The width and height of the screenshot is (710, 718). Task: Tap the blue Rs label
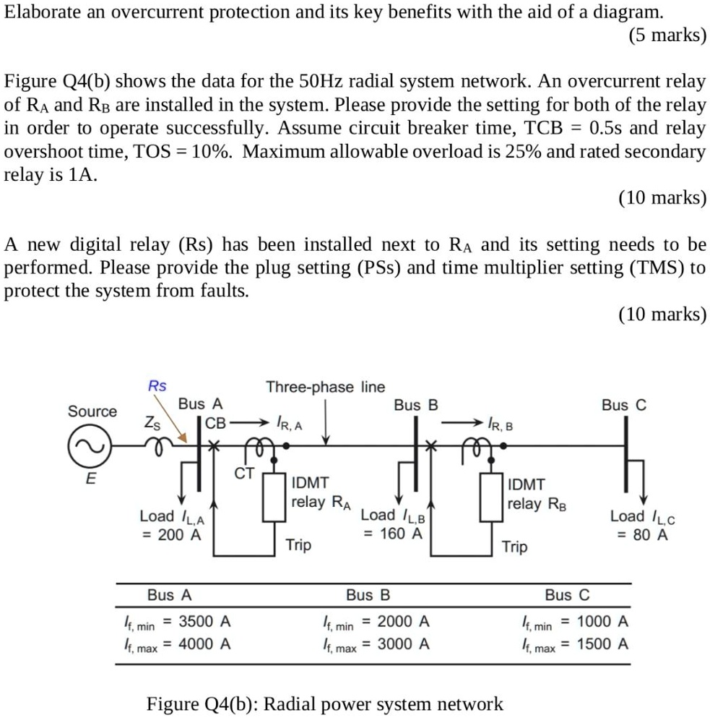click(157, 386)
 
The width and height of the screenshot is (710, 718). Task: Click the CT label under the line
click(244, 474)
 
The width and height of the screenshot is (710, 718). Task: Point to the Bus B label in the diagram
click(415, 405)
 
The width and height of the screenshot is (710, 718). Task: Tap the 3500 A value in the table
click(204, 621)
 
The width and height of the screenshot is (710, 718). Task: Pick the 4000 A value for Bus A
click(204, 644)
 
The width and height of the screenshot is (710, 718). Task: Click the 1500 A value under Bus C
click(602, 644)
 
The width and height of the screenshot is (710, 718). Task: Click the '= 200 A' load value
click(172, 535)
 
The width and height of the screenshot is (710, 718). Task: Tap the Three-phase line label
click(325, 387)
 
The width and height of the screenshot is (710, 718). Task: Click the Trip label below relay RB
click(514, 547)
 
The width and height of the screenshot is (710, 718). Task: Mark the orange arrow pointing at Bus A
click(176, 431)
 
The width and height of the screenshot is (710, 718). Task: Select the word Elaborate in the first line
click(40, 12)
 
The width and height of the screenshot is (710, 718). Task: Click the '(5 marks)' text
click(667, 34)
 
